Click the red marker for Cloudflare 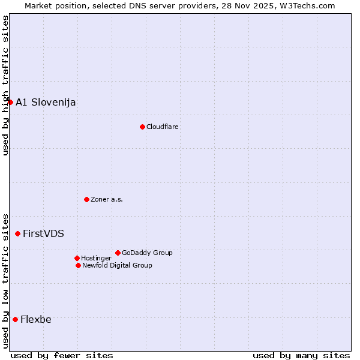tap(142, 127)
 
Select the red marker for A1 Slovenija tap(10, 102)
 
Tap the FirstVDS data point tap(17, 233)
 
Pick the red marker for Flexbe tap(15, 319)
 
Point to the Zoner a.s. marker tap(86, 199)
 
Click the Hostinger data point tap(77, 258)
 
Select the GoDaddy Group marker tap(118, 253)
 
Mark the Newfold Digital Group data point tap(78, 265)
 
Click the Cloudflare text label tap(163, 127)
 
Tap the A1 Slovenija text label tap(46, 102)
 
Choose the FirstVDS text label tap(43, 233)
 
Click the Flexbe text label tap(36, 319)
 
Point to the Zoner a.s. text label tap(107, 199)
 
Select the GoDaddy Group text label tap(147, 253)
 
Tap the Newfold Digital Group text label tap(117, 265)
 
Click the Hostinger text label tap(96, 258)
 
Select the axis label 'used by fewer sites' tap(62, 355)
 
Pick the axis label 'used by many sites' tap(301, 355)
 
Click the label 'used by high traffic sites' tap(5, 85)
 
